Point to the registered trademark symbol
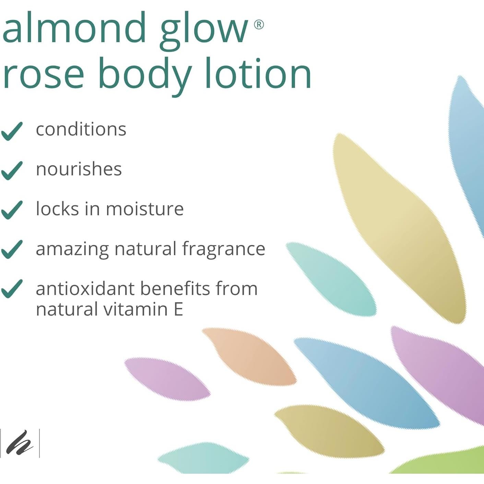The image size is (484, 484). click(x=259, y=25)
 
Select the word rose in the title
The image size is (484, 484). click(x=43, y=74)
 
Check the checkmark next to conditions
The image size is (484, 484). click(x=12, y=131)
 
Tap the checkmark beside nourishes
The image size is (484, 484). click(x=12, y=170)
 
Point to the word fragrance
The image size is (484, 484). click(x=224, y=249)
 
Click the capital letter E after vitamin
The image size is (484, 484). click(x=178, y=309)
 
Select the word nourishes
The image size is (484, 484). click(x=79, y=169)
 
